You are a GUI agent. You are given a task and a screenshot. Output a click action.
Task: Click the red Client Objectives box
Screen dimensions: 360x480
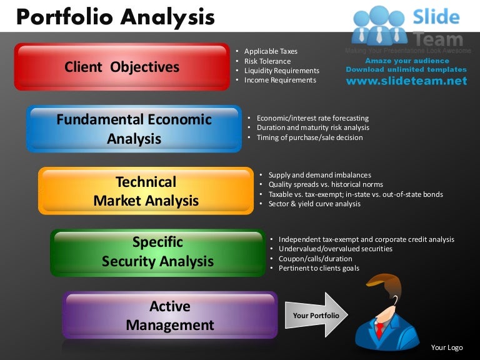coord(122,67)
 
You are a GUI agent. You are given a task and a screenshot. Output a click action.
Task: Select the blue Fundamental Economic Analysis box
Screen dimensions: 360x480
coord(134,129)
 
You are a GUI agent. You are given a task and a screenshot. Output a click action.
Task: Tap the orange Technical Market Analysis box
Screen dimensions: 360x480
coord(146,191)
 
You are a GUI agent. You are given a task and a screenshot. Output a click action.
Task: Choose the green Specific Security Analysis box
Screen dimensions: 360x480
coord(157,252)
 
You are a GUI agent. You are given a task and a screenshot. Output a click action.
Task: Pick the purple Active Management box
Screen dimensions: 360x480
coord(169,316)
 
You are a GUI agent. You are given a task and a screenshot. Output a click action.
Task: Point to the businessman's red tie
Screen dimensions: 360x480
coord(379,329)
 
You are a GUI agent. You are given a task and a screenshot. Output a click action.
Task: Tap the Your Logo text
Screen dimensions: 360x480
coord(447,347)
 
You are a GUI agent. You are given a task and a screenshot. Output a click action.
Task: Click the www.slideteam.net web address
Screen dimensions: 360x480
coord(406,81)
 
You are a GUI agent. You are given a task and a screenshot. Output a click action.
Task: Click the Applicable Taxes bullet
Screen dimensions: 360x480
coord(271,51)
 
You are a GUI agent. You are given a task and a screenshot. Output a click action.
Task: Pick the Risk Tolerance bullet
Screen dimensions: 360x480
coord(267,61)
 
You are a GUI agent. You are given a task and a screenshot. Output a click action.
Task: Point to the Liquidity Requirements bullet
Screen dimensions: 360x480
coord(281,71)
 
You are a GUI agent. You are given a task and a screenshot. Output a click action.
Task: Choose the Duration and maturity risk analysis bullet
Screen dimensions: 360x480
coord(312,127)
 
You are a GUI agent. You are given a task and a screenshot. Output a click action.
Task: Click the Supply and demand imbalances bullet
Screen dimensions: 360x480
coord(319,175)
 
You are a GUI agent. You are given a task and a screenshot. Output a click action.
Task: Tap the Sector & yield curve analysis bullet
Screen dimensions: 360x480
coord(314,204)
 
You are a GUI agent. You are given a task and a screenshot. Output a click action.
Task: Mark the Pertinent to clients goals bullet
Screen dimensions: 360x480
coord(319,268)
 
